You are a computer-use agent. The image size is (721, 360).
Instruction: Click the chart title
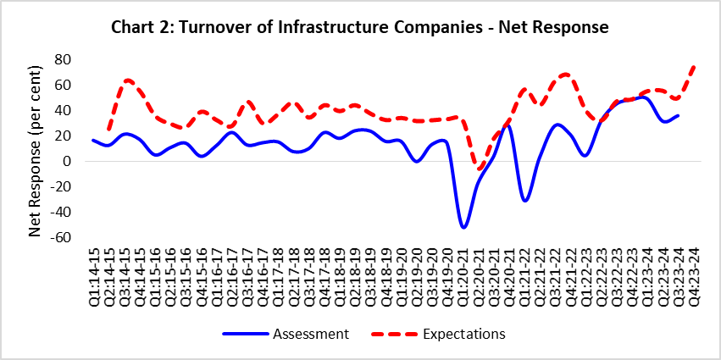[360, 27]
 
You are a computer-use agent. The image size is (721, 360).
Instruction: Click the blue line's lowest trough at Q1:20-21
[463, 227]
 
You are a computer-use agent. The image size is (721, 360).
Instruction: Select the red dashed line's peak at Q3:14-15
[127, 80]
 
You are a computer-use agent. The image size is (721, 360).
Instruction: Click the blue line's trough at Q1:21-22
[525, 200]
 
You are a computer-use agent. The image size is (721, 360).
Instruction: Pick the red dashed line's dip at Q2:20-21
[480, 169]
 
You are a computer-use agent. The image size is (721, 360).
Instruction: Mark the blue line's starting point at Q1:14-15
[93, 140]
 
